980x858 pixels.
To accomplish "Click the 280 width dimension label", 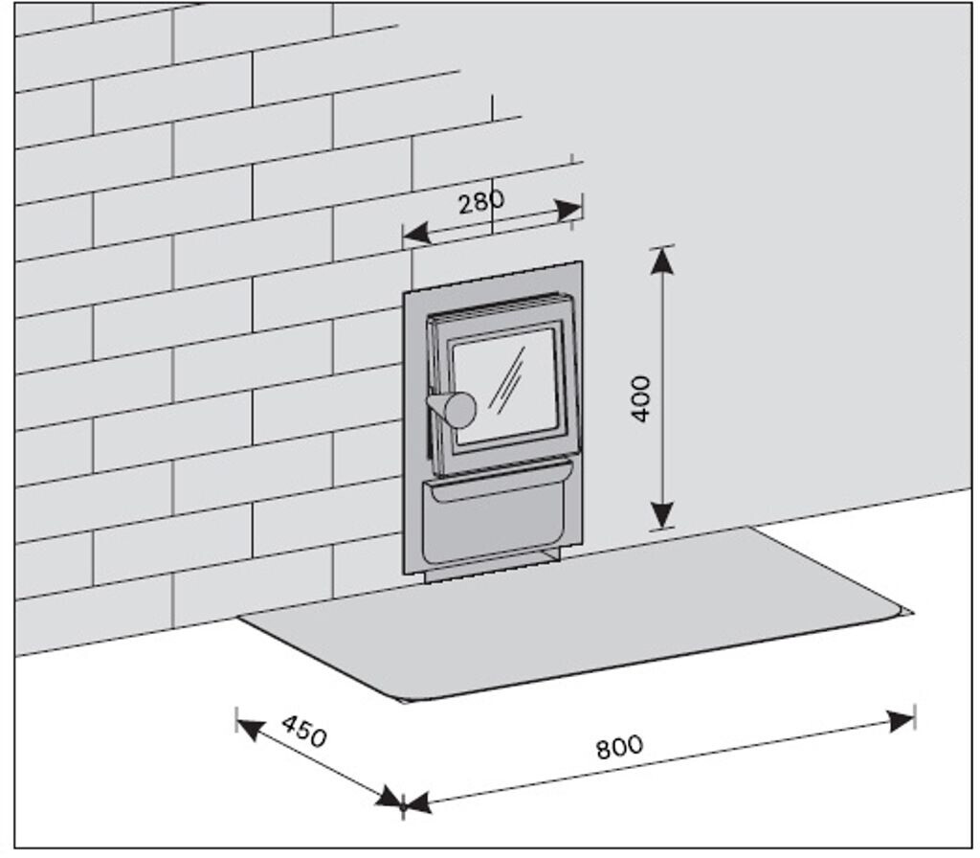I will pos(480,203).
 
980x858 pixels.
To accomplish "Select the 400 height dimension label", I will pos(641,397).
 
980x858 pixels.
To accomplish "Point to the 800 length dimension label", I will pos(619,746).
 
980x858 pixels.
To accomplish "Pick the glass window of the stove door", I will pos(505,386).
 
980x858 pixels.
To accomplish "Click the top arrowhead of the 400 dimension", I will pos(662,260).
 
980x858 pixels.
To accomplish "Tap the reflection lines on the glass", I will pos(506,378).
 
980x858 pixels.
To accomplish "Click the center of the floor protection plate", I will pos(574,613).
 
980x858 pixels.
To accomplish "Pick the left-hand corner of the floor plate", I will pos(241,618).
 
